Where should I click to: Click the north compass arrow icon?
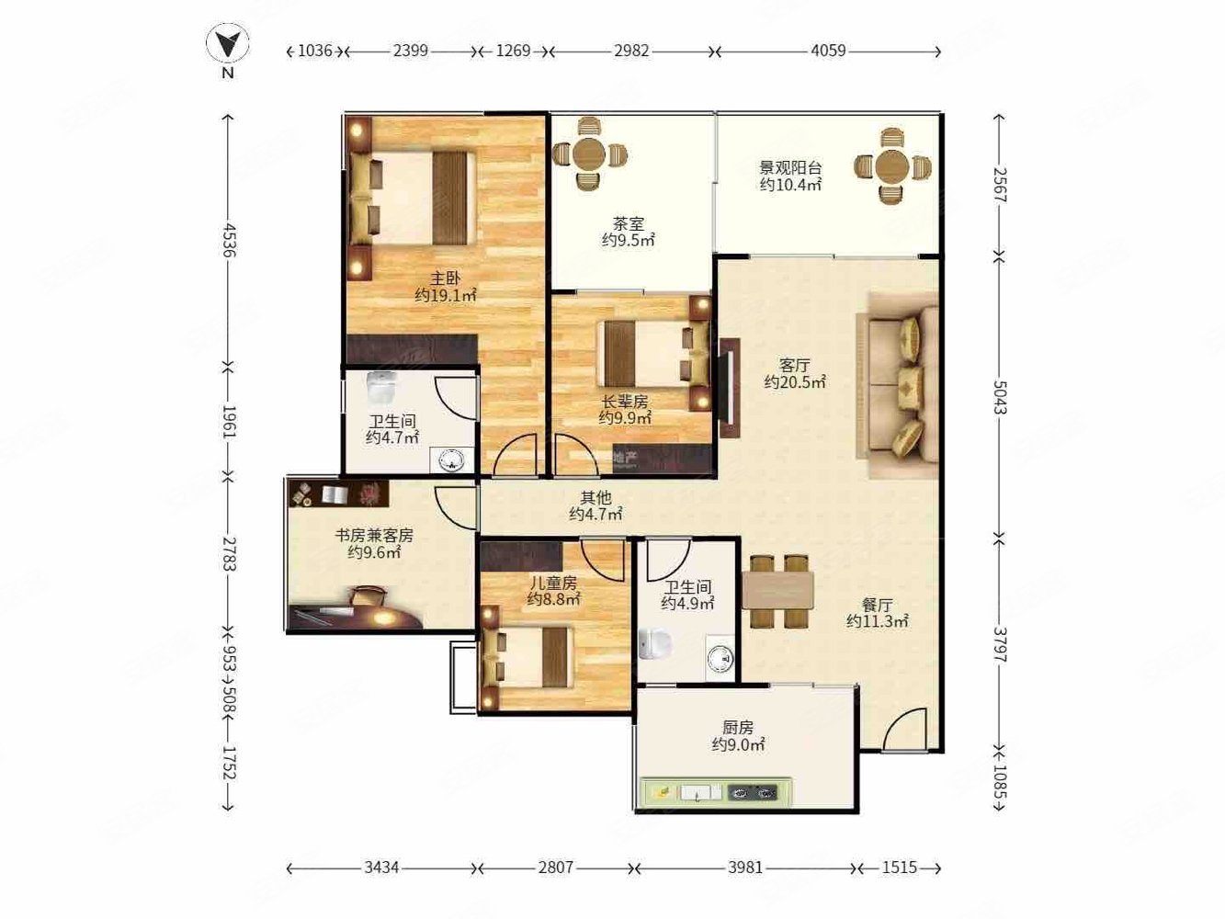[x=228, y=43]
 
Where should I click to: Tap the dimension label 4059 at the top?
[x=828, y=51]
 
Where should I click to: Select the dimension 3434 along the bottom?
[x=381, y=868]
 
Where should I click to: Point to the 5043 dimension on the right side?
[x=1000, y=397]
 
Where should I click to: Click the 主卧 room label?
[x=445, y=278]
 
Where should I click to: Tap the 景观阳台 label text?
[x=790, y=167]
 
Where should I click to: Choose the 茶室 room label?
[x=629, y=223]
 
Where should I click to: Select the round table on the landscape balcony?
[x=892, y=165]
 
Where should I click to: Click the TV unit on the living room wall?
[x=728, y=388]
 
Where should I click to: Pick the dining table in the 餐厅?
[x=777, y=591]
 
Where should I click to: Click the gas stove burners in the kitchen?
[x=753, y=791]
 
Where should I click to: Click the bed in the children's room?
[x=527, y=657]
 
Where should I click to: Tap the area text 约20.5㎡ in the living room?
[x=795, y=382]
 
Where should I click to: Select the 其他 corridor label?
[x=595, y=497]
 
